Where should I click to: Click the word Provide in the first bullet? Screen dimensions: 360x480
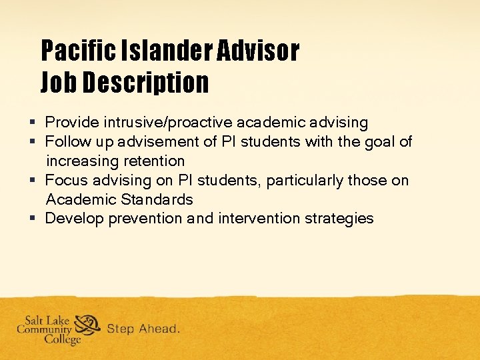[x=69, y=123]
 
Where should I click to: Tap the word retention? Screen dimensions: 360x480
[x=157, y=161]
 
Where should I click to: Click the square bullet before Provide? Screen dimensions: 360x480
[x=33, y=123]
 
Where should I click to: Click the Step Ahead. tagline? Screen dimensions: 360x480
[x=143, y=329]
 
